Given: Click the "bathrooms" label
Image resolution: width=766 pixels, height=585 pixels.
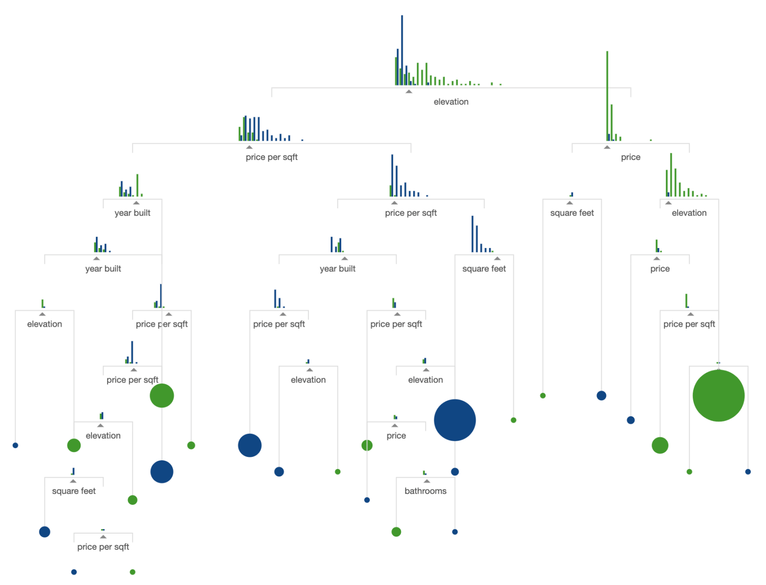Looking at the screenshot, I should tap(425, 491).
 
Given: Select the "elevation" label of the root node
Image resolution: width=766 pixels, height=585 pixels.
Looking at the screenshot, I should tap(451, 102).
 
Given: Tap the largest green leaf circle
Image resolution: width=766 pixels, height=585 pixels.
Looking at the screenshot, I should tap(718, 396).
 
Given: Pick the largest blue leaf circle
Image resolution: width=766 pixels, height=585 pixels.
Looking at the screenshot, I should tap(455, 420).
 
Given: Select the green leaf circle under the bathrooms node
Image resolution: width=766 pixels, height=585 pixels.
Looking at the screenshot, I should tap(396, 532).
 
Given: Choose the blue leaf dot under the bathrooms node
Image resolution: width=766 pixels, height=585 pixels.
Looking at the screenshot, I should tap(455, 532).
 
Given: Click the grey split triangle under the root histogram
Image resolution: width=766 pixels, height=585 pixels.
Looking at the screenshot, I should tap(409, 91).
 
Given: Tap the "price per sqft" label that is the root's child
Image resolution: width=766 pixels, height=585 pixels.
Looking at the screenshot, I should tap(271, 157).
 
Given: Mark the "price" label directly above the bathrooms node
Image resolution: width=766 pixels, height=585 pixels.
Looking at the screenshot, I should tap(396, 435).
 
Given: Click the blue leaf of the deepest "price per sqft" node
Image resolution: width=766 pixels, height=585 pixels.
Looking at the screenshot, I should tap(74, 572).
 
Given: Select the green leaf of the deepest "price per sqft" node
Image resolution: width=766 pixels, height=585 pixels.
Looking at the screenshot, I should tap(132, 572).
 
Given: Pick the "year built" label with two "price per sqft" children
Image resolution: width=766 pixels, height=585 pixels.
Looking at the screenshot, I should tap(337, 269).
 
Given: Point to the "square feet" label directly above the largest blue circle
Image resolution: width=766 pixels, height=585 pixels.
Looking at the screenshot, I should tap(484, 269).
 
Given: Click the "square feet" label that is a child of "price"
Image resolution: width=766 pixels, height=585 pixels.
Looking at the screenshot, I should tap(572, 213).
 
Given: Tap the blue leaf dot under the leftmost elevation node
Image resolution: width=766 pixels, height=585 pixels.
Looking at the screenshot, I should tap(15, 445).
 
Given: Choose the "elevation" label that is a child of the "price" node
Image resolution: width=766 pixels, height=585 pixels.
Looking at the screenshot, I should tap(689, 213).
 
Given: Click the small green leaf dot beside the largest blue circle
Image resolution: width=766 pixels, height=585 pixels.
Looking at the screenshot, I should tap(513, 420).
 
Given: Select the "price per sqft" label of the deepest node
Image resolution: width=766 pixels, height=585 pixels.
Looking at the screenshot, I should tap(103, 547).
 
